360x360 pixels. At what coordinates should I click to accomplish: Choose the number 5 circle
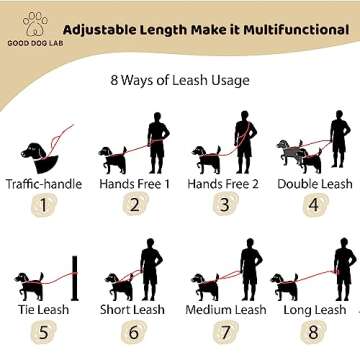tap(43, 333)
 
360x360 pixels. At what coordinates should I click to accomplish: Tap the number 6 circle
tap(133, 333)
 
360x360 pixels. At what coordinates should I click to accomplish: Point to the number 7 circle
tap(224, 333)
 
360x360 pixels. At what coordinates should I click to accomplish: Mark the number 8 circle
tap(314, 333)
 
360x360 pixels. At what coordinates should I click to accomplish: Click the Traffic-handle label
tap(43, 184)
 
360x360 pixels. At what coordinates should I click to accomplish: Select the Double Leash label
tap(314, 184)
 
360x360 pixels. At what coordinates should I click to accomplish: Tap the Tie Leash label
tap(43, 309)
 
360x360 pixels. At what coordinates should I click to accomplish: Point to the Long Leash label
tap(314, 309)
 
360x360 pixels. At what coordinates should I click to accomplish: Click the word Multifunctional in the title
tap(291, 28)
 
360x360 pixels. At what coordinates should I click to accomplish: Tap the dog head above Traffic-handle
tap(38, 152)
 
